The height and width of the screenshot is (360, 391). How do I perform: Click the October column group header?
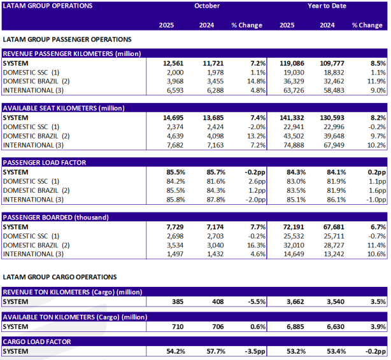click(x=207, y=6)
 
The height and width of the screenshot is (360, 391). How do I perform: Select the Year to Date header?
click(x=327, y=6)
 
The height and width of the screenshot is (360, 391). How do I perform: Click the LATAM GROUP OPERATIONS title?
click(x=48, y=6)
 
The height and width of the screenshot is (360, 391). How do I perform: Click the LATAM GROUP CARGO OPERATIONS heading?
click(x=60, y=277)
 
